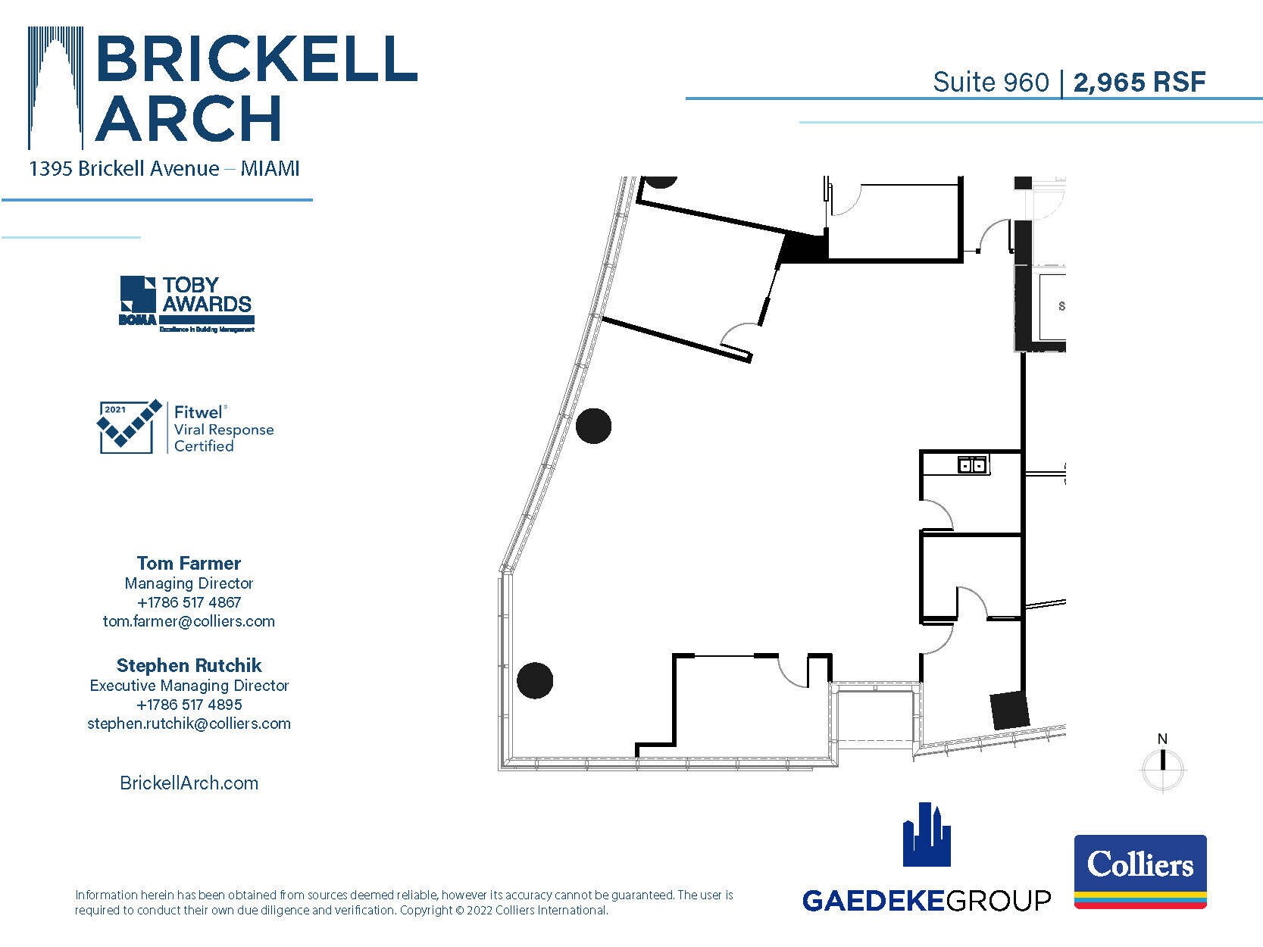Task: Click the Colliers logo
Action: (x=1140, y=871)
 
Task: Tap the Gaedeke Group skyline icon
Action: (x=926, y=834)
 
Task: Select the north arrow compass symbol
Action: (x=1162, y=766)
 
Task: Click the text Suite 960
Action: (x=990, y=82)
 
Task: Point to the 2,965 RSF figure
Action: (x=1139, y=82)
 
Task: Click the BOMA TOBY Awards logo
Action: (x=186, y=304)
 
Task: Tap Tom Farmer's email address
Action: (x=189, y=621)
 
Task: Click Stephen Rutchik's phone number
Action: (x=189, y=705)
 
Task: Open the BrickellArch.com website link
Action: (x=189, y=783)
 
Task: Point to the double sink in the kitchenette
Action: (x=972, y=464)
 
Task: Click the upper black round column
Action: (x=593, y=426)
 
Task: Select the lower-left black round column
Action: (x=535, y=680)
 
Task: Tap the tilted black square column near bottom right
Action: (x=1011, y=711)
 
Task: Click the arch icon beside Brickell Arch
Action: (x=55, y=87)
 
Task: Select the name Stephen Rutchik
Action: (x=189, y=665)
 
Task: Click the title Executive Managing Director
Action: (x=189, y=685)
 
